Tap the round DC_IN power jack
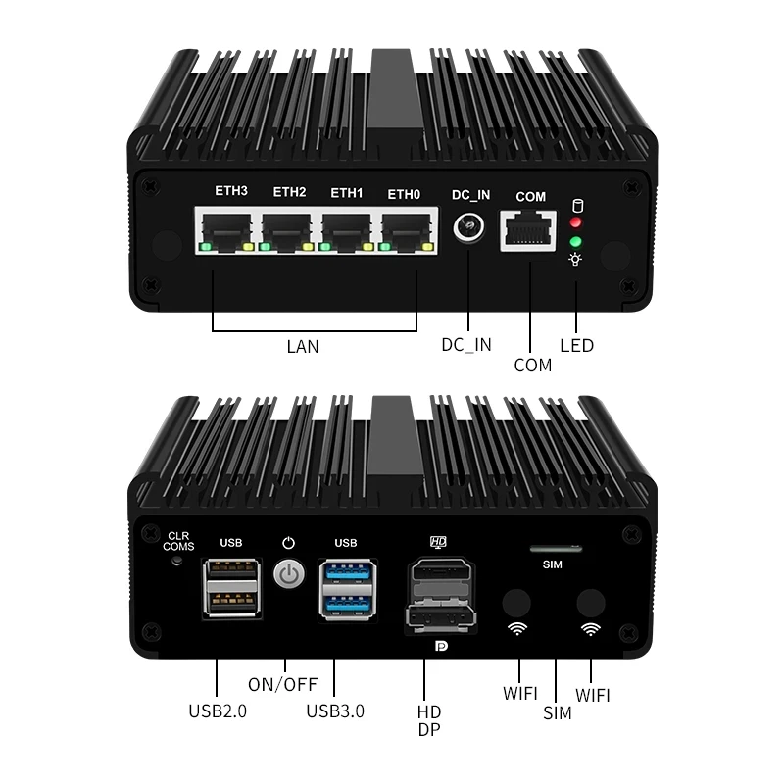[x=469, y=230]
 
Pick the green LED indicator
[x=576, y=240]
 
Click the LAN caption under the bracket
[x=302, y=346]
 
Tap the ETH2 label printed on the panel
[x=289, y=192]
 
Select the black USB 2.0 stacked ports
[x=230, y=588]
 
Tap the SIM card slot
[x=555, y=549]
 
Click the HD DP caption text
[x=429, y=720]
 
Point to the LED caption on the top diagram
[x=576, y=345]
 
